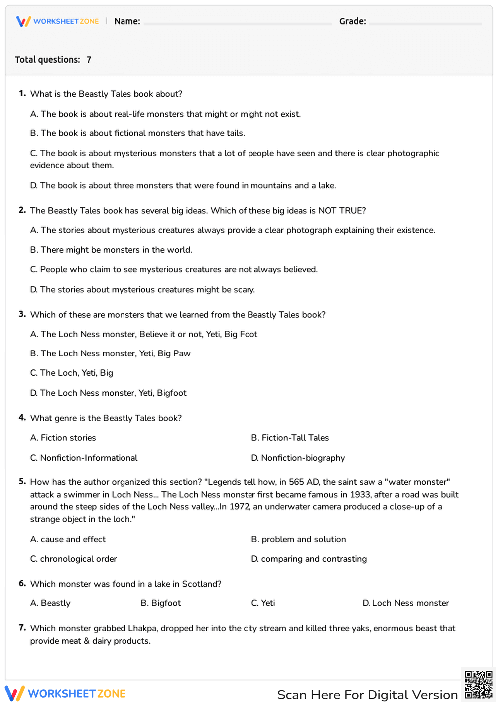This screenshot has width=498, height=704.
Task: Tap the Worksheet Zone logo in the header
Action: [58, 21]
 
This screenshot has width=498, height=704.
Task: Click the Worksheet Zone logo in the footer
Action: [65, 693]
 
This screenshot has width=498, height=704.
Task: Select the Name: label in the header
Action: [127, 21]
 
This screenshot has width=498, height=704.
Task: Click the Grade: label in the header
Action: [352, 21]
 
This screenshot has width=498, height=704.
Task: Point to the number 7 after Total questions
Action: [89, 60]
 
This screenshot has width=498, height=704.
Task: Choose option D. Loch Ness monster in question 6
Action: [405, 603]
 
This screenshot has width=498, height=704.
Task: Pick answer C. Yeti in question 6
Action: [263, 603]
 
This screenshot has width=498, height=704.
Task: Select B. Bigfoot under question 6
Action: [160, 603]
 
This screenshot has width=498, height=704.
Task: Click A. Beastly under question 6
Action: [50, 603]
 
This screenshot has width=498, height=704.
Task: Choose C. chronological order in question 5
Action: [73, 559]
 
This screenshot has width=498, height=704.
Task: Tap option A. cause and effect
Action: [68, 539]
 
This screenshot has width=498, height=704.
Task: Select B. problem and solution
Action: [298, 539]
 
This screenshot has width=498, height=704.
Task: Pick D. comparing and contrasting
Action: [309, 559]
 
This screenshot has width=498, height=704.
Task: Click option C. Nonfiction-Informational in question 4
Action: [84, 458]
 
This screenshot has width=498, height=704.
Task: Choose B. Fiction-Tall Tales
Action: [290, 438]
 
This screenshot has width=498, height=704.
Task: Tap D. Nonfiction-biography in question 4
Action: [298, 458]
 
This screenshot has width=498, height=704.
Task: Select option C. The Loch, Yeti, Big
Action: [71, 373]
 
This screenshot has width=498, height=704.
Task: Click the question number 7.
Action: [22, 628]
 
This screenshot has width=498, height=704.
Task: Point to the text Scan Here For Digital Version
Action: [367, 695]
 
